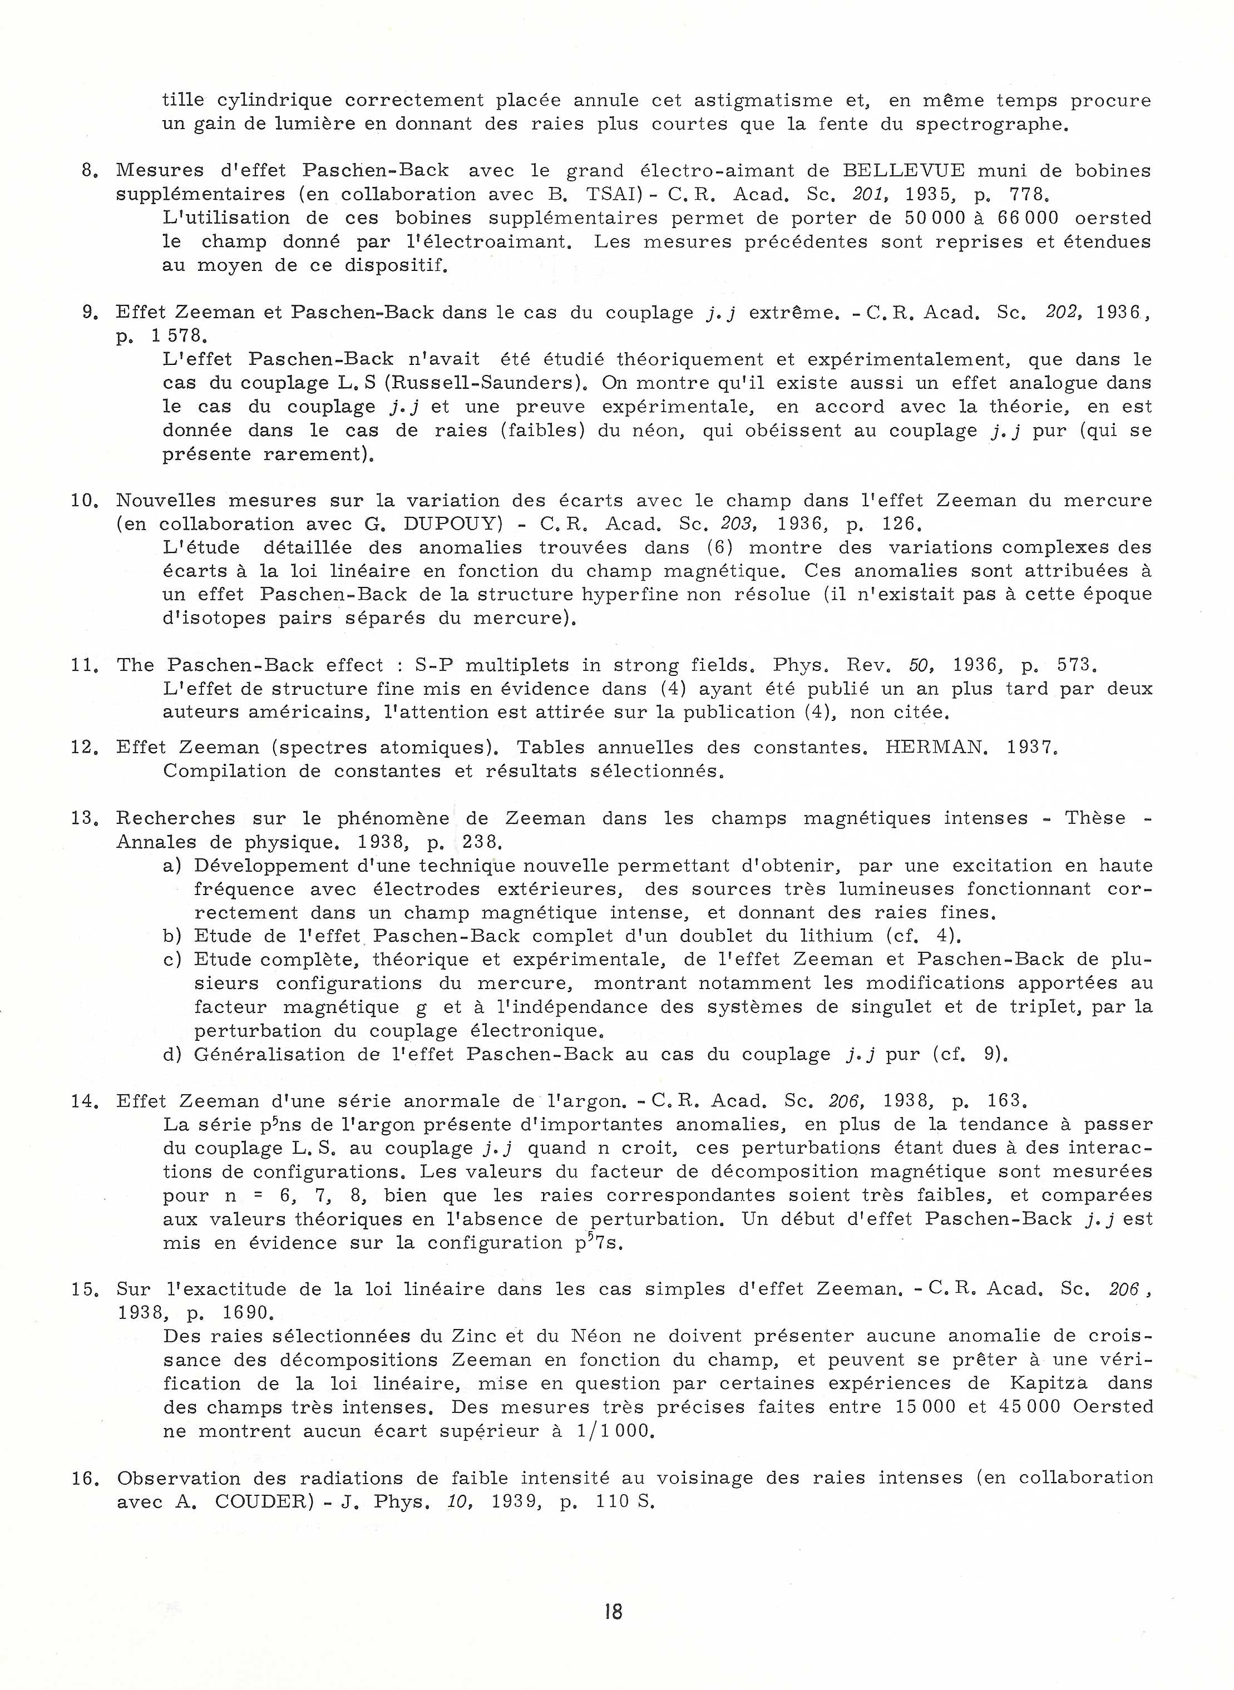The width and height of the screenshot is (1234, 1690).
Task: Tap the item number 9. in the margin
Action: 90,312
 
